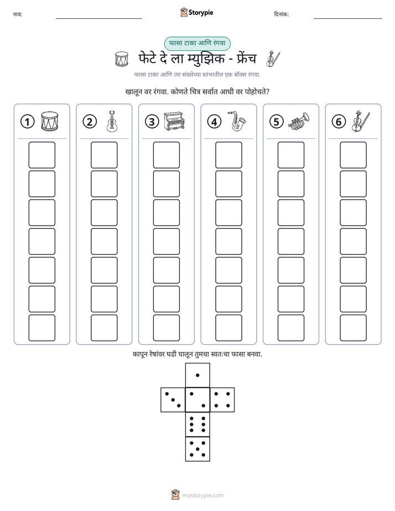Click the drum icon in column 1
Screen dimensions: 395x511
click(x=50, y=122)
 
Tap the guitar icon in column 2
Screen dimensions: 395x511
click(x=112, y=121)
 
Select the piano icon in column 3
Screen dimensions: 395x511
click(x=174, y=121)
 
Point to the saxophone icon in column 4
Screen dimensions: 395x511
click(x=237, y=121)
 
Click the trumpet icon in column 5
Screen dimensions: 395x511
click(x=299, y=122)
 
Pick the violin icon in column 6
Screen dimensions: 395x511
click(x=361, y=121)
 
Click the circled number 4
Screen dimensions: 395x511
click(x=214, y=122)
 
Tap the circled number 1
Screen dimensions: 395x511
click(x=27, y=122)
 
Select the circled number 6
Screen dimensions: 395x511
click(x=339, y=122)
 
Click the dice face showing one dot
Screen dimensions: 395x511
click(x=197, y=375)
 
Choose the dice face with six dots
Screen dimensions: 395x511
click(x=197, y=424)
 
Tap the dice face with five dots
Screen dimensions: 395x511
click(x=197, y=449)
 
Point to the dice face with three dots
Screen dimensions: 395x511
click(x=173, y=400)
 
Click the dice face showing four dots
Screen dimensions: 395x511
click(x=222, y=400)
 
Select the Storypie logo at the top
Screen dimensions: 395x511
click(x=196, y=12)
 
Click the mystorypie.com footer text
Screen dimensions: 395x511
click(x=202, y=496)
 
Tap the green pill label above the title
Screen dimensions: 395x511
click(x=197, y=43)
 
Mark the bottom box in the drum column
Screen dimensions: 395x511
click(x=41, y=328)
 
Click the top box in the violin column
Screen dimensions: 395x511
click(x=354, y=155)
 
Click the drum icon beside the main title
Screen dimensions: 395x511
click(x=122, y=59)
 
